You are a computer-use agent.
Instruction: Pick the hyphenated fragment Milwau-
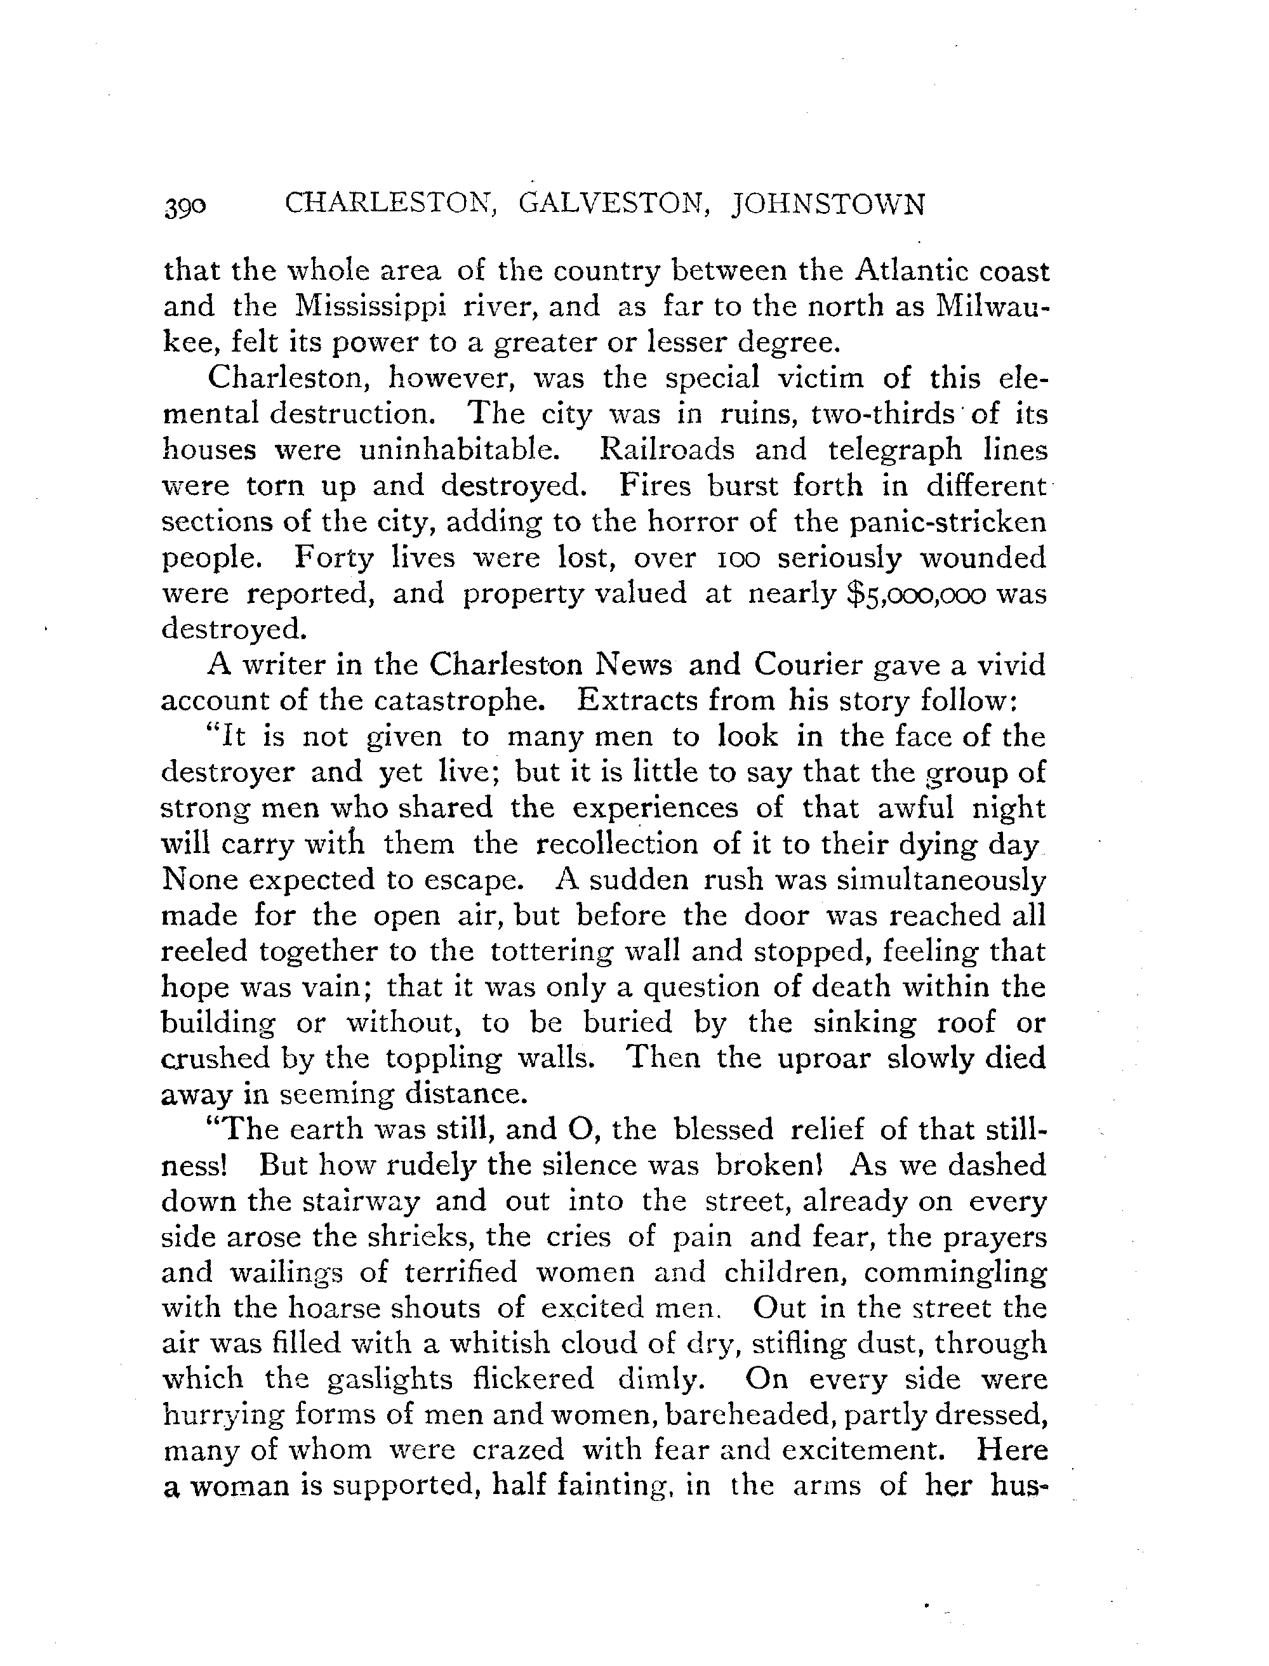coord(992,306)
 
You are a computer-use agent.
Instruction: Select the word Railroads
coord(666,449)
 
